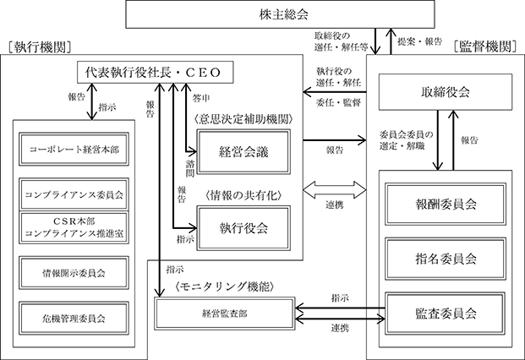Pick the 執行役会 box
pos(243,226)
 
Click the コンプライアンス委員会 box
pos(74,194)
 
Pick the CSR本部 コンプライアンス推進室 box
pos(74,228)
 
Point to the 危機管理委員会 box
pos(74,319)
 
